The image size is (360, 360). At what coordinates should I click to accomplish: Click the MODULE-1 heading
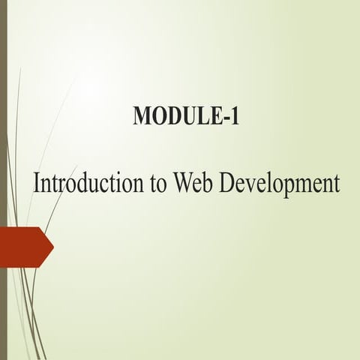pos(185,117)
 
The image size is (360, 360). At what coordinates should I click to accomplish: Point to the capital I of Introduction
pos(37,182)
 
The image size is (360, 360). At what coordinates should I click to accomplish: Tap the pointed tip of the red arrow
pos(52,245)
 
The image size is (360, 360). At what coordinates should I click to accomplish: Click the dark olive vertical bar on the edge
pos(3,180)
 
